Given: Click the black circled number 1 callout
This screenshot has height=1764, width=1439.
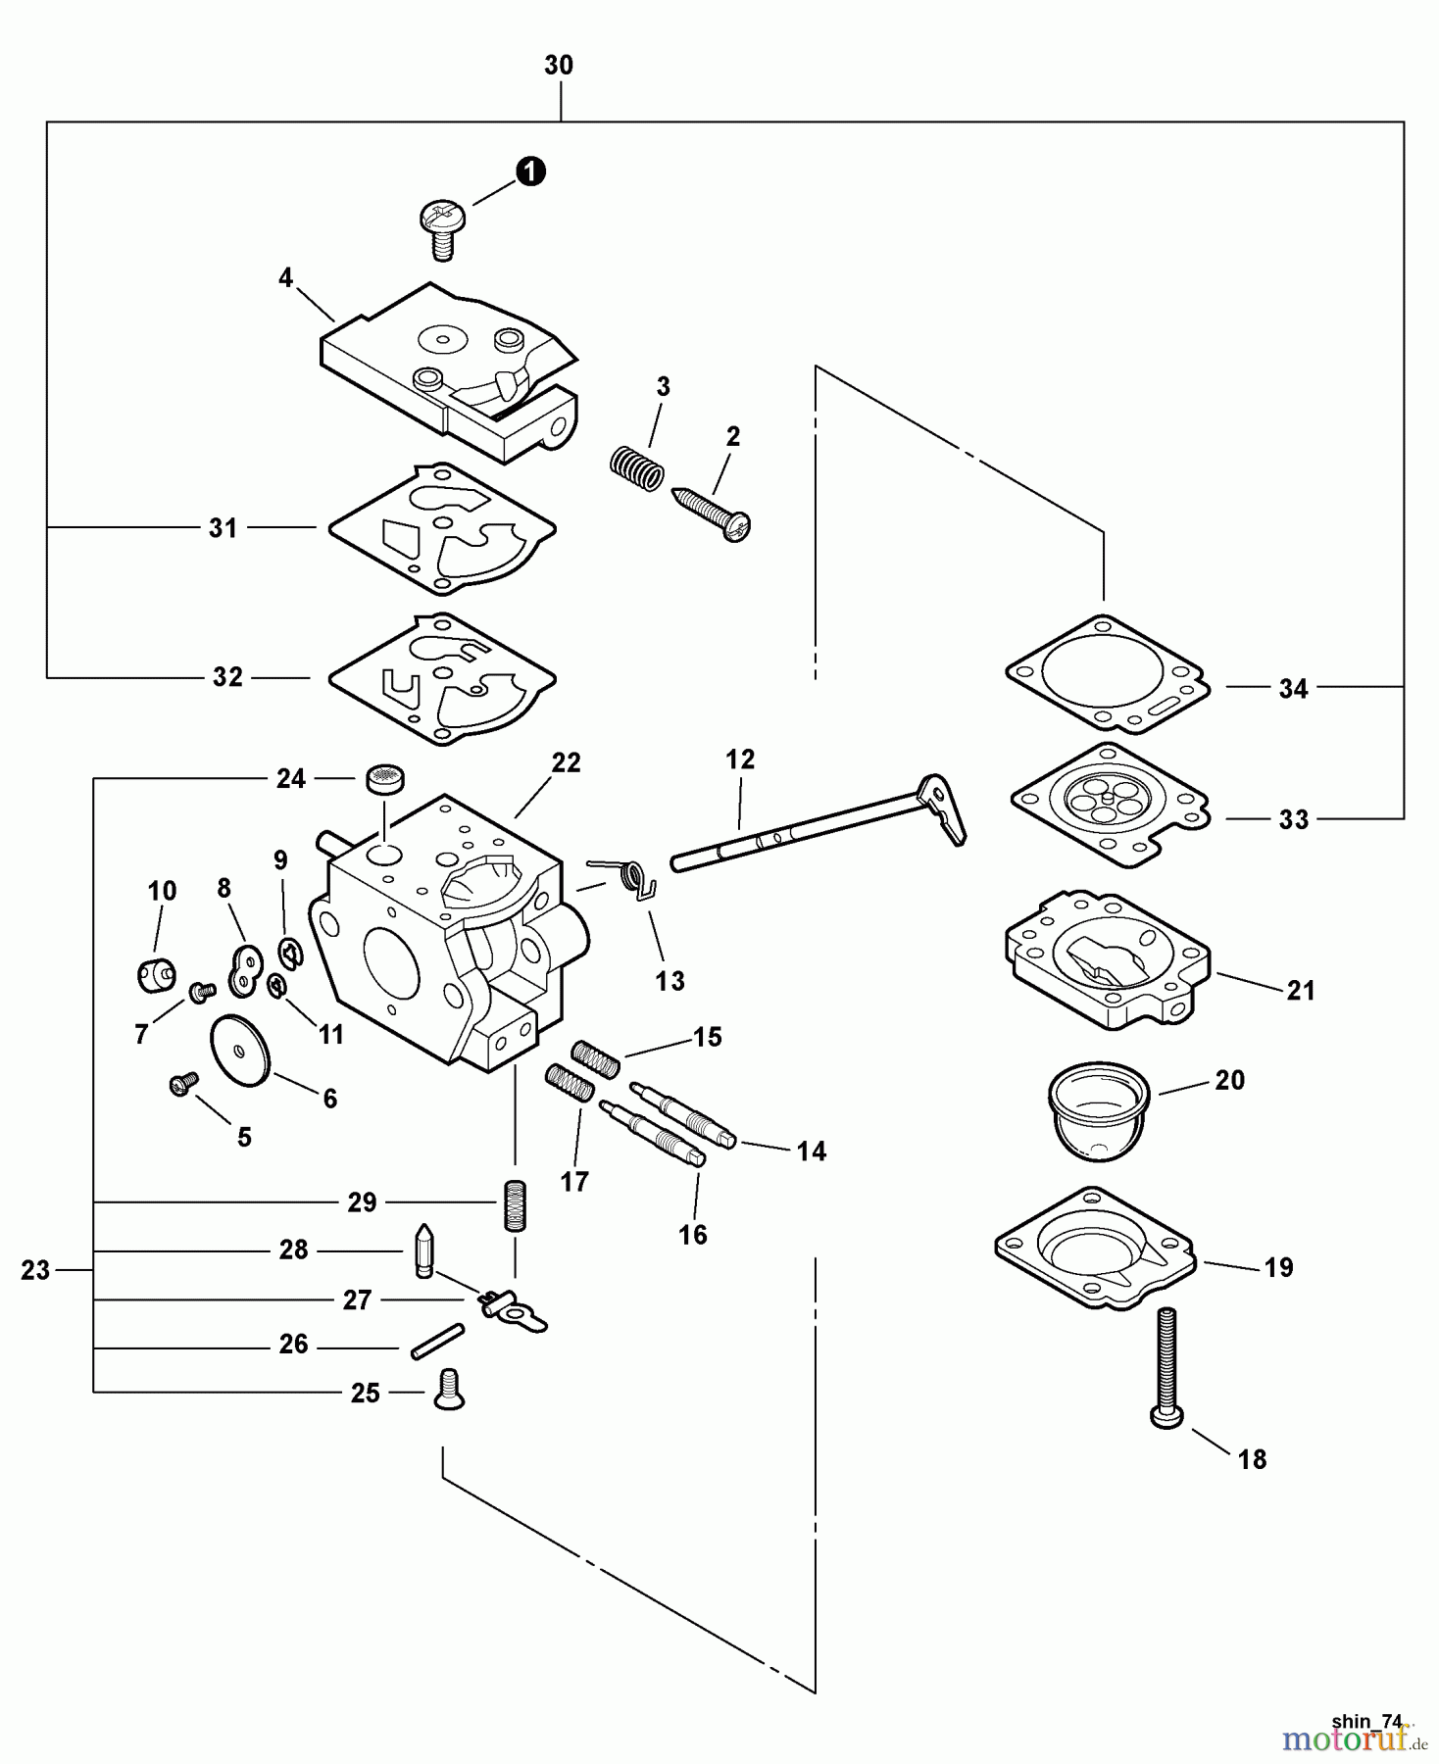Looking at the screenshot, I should [x=530, y=171].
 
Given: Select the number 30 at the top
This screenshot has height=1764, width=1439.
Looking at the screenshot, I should [x=559, y=66].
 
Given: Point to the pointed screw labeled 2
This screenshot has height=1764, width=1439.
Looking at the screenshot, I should [x=714, y=513].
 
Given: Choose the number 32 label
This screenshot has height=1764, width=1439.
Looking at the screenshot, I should [x=227, y=677].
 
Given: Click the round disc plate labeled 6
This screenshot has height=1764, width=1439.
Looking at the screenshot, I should [x=241, y=1050].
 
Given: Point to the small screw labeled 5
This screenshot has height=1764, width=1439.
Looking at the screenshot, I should [x=182, y=1083].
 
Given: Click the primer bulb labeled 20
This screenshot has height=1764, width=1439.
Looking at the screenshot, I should [x=1098, y=1107].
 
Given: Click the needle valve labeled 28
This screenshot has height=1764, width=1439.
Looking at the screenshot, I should [x=423, y=1250].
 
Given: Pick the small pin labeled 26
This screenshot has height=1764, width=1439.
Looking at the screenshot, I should [x=436, y=1341].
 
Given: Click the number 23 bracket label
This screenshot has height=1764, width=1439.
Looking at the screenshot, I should [x=35, y=1270].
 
